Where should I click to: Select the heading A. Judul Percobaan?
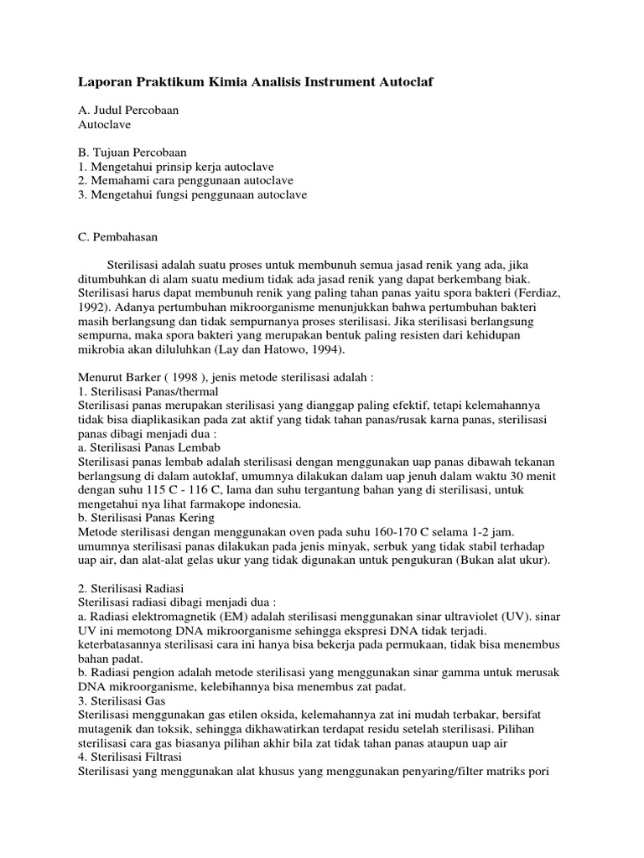(x=127, y=110)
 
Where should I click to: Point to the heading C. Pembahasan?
(x=117, y=237)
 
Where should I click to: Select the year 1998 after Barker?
(x=170, y=378)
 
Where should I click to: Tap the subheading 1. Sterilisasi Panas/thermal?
(x=148, y=392)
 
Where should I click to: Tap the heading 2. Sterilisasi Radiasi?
(x=132, y=589)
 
